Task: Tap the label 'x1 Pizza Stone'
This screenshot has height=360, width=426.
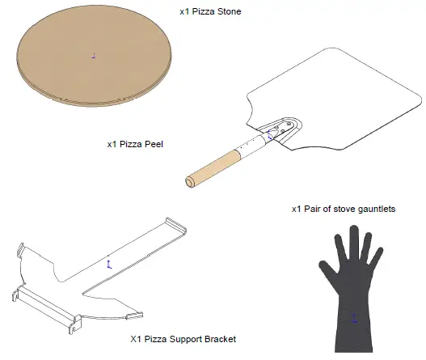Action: point(209,12)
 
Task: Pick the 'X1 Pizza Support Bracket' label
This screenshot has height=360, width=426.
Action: point(183,338)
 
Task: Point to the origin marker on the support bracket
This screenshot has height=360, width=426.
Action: point(109,262)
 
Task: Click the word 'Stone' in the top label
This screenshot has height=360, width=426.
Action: point(228,12)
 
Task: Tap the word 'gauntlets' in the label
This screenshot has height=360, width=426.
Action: point(375,208)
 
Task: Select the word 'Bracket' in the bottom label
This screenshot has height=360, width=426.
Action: point(218,338)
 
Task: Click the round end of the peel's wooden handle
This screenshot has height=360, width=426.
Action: point(191,180)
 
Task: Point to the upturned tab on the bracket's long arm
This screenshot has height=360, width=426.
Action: point(172,224)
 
